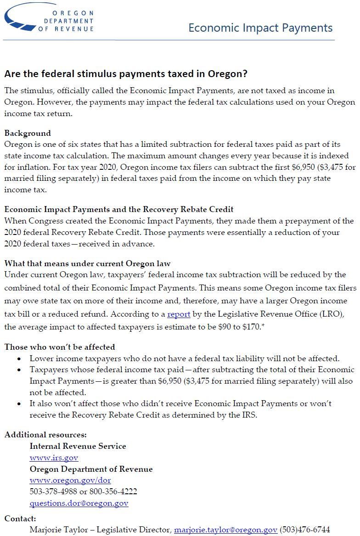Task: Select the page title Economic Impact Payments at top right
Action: (260, 28)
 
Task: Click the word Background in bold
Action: (28, 133)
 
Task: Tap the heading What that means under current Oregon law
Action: (87, 263)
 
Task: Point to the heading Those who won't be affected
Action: (60, 347)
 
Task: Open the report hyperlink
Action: (179, 314)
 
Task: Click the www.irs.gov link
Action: (54, 458)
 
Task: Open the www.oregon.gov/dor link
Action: (70, 480)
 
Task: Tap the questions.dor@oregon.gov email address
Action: (79, 503)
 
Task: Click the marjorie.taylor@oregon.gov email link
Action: (225, 530)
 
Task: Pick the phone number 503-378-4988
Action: (51, 491)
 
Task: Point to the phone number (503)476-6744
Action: (304, 530)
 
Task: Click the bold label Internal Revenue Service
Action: (78, 446)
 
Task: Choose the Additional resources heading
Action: (45, 435)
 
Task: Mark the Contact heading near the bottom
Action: (20, 518)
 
